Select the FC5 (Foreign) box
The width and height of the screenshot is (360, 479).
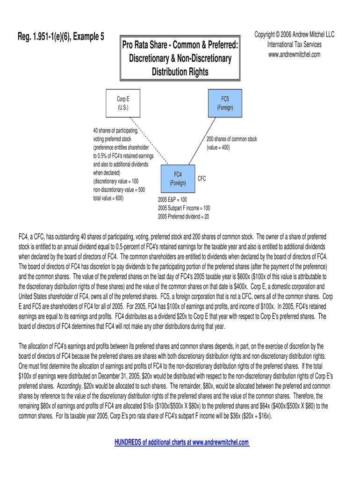point(225,103)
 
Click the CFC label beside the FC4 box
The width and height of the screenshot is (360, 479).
point(202,179)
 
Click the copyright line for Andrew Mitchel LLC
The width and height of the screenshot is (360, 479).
point(294,35)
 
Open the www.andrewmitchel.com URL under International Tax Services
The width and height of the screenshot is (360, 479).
point(294,54)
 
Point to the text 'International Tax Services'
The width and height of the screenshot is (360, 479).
point(294,44)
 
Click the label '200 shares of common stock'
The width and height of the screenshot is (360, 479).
point(231,139)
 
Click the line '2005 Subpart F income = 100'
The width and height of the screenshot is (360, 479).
point(184,208)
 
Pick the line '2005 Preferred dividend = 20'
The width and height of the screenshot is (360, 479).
point(183,216)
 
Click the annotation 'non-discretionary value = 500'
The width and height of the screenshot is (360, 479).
point(119,189)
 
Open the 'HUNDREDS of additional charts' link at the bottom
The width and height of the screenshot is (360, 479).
point(182,443)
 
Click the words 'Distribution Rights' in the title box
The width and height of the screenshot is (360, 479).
point(180,72)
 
